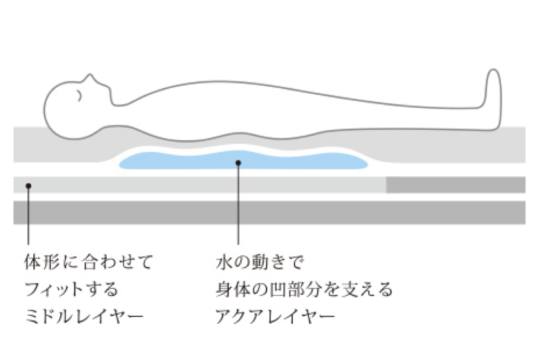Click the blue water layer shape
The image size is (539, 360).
(x=178, y=160)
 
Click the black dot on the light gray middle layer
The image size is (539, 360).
(x=29, y=185)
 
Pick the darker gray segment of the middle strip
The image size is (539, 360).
(x=455, y=185)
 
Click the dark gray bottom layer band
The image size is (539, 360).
(x=269, y=212)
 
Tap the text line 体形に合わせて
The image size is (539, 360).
(x=89, y=264)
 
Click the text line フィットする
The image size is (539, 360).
(x=71, y=289)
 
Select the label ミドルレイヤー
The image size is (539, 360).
(x=84, y=316)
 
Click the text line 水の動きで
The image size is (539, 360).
(x=260, y=264)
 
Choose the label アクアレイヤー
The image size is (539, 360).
(x=274, y=316)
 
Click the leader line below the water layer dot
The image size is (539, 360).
(x=238, y=205)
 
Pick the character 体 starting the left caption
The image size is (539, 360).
(x=33, y=264)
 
